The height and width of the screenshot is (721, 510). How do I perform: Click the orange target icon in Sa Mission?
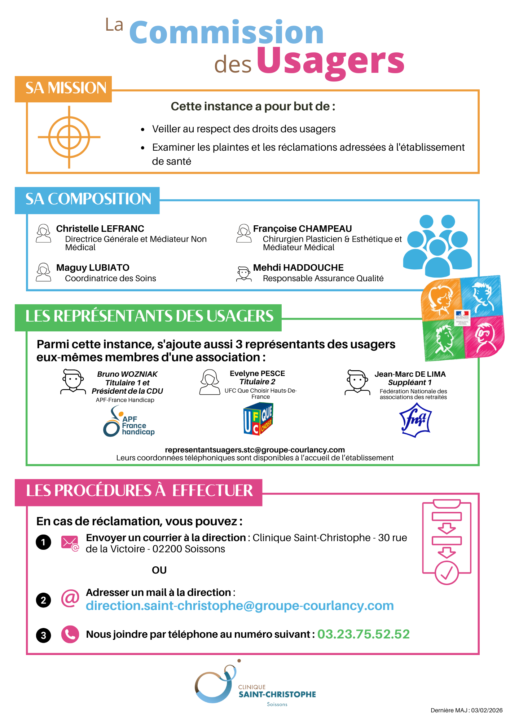coord(69,137)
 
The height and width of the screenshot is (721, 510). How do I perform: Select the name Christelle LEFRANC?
coord(100,229)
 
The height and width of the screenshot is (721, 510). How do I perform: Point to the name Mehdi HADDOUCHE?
coord(298,267)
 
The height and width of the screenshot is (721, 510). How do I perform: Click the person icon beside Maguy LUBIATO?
coord(44,272)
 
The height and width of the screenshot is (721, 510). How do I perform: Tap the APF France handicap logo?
coord(129,422)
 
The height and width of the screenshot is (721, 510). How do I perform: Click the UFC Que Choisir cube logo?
coord(258,419)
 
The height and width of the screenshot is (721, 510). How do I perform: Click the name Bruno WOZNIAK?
coord(127,374)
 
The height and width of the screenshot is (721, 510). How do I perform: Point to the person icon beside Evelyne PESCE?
coord(210,382)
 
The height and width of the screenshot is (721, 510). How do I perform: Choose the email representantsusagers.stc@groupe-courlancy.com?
coord(255,450)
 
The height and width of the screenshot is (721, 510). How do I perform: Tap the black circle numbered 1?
coord(43,542)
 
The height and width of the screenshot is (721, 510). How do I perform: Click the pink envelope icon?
coord(70,543)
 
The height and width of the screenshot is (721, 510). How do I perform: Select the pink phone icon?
coord(70,634)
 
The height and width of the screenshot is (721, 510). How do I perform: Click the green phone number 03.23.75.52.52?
coord(363,634)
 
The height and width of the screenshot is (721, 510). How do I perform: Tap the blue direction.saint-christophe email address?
coord(239,606)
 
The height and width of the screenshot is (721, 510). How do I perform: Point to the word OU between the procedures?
coord(159,570)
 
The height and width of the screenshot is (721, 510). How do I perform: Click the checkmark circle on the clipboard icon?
coord(447,572)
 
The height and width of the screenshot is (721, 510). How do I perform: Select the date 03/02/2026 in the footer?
coord(487,710)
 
